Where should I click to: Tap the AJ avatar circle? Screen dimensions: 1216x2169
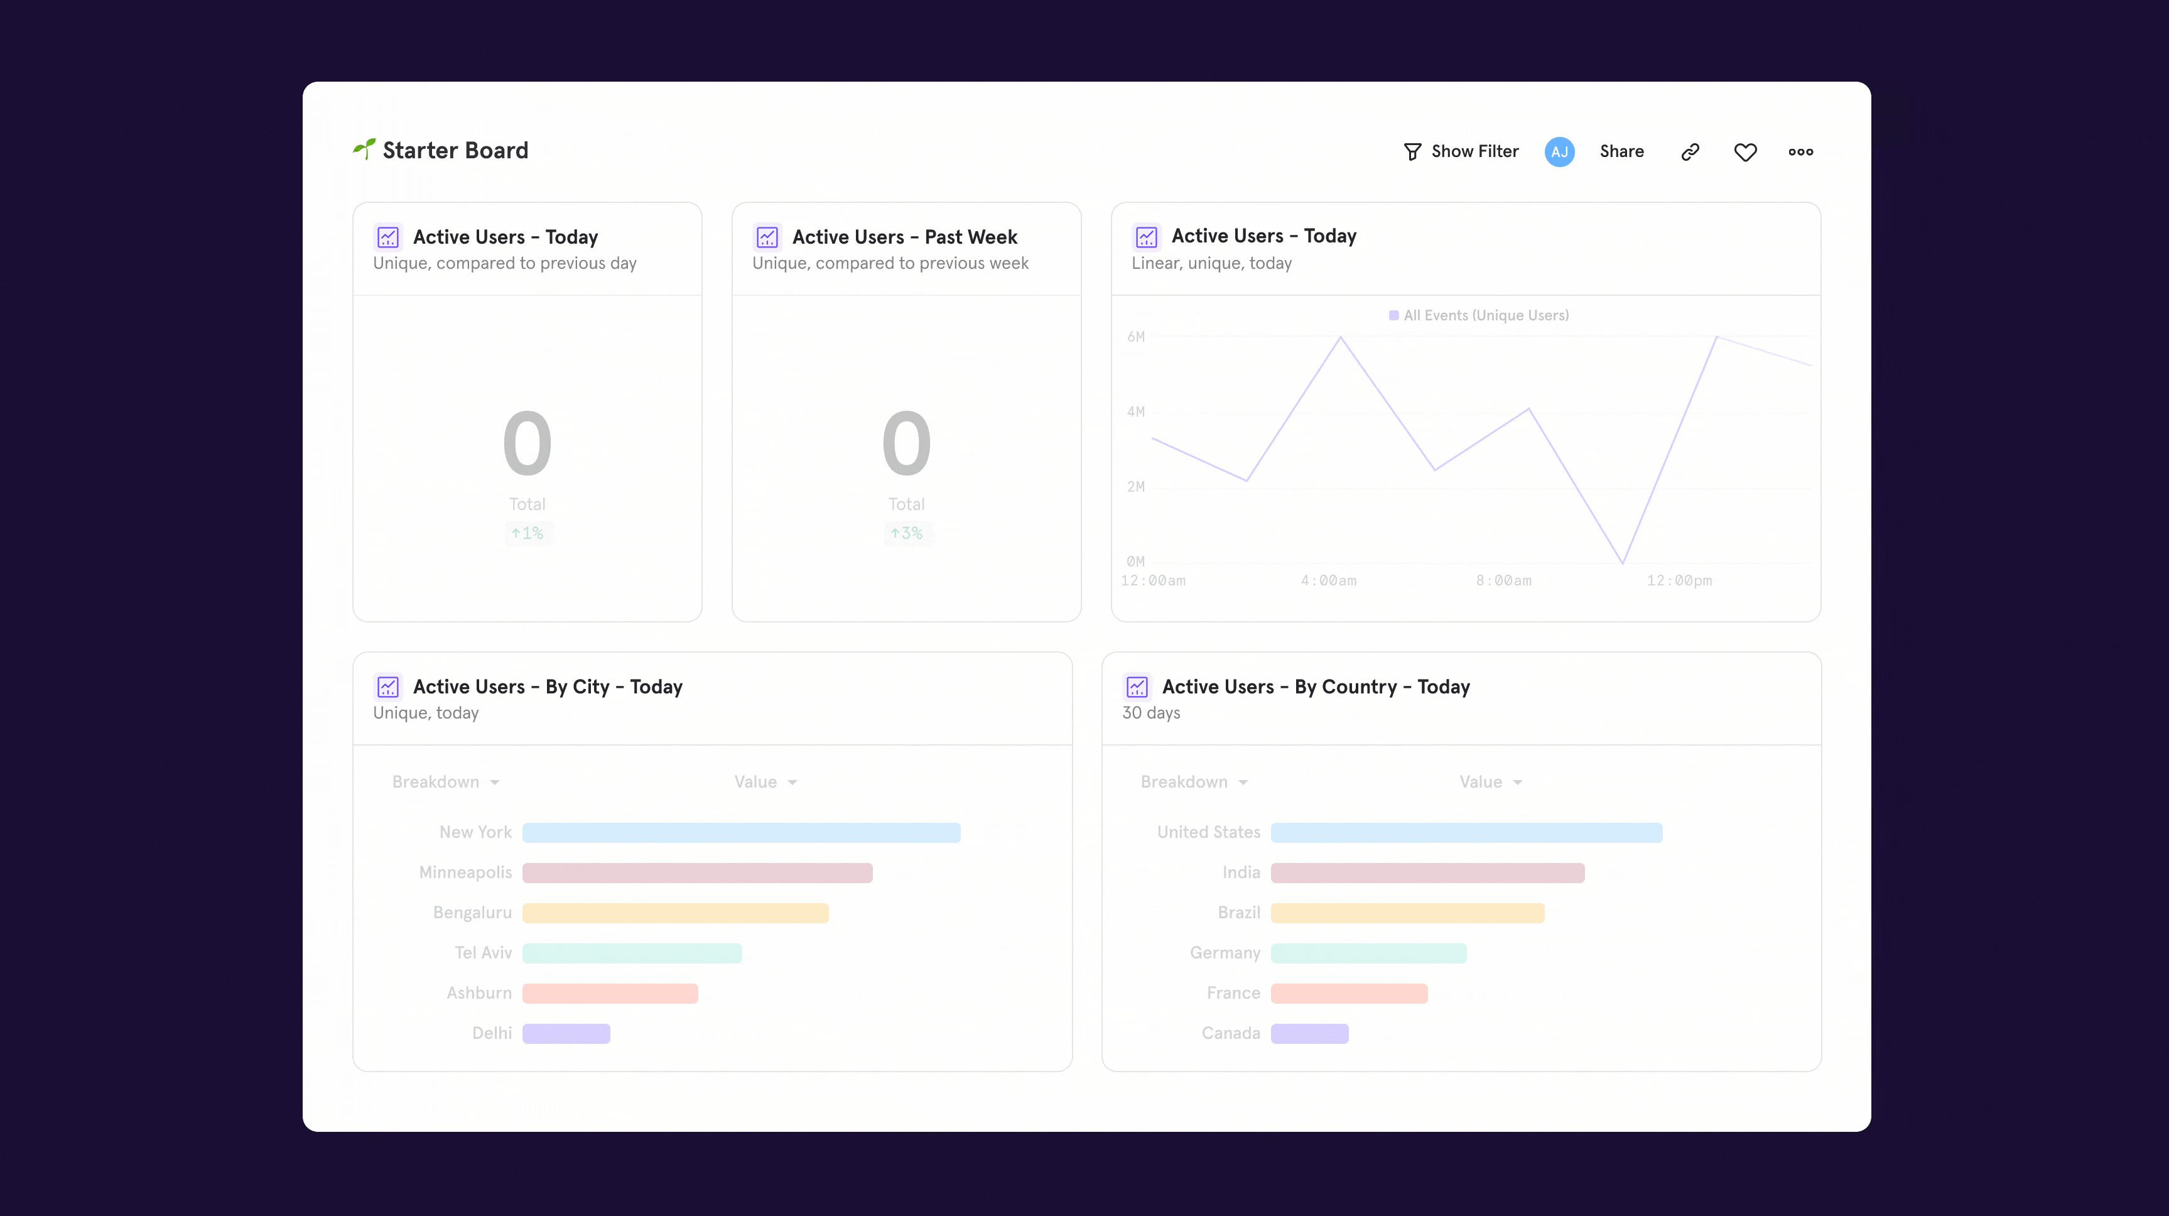(x=1559, y=151)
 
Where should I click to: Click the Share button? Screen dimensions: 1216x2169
(x=1621, y=151)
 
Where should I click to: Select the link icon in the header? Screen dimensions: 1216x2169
(x=1690, y=151)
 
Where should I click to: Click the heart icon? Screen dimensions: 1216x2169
(x=1746, y=151)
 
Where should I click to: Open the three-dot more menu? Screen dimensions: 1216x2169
(x=1801, y=151)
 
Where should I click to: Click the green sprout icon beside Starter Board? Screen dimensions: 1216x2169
(x=364, y=149)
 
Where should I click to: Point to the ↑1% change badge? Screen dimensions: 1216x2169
(x=528, y=533)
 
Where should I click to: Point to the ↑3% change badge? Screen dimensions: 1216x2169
(x=907, y=533)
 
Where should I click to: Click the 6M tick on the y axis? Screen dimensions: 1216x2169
(x=1136, y=337)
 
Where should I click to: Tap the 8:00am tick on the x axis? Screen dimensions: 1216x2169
(x=1504, y=580)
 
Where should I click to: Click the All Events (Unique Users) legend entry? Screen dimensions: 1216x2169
(x=1479, y=315)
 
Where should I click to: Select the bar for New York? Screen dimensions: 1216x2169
(x=741, y=833)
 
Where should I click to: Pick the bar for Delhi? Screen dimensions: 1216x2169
(x=566, y=1033)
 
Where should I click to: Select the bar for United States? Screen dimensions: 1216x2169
(x=1466, y=833)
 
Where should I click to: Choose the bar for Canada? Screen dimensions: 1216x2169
(x=1309, y=1033)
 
